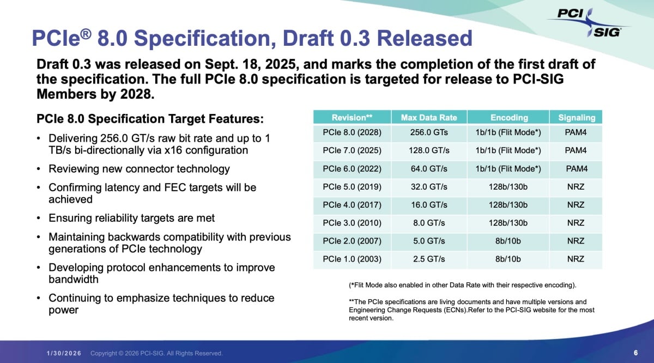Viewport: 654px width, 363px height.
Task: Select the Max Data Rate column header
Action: [429, 117]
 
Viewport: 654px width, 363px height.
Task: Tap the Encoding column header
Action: [509, 117]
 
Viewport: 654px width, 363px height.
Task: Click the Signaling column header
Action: [577, 118]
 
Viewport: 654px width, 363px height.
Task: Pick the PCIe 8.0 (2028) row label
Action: [352, 132]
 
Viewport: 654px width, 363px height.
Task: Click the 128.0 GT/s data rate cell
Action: [429, 150]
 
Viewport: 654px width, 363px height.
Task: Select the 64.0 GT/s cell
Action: [429, 169]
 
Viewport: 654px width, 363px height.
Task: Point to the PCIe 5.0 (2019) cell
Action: [352, 187]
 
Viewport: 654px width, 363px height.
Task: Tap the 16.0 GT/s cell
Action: [429, 205]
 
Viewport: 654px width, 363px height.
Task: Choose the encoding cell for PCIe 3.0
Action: [508, 223]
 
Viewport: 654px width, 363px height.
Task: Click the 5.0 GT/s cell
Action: [429, 241]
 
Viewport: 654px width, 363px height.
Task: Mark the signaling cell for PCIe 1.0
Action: [576, 259]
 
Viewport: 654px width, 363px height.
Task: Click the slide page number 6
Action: [635, 353]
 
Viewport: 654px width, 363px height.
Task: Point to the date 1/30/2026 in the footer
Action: [64, 353]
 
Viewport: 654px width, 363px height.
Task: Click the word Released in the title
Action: [425, 38]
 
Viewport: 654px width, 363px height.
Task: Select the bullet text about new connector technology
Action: [139, 169]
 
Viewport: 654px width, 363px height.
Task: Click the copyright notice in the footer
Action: [156, 353]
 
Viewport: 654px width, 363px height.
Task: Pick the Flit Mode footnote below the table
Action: [463, 285]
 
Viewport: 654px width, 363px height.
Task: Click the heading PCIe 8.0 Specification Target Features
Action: [150, 119]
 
